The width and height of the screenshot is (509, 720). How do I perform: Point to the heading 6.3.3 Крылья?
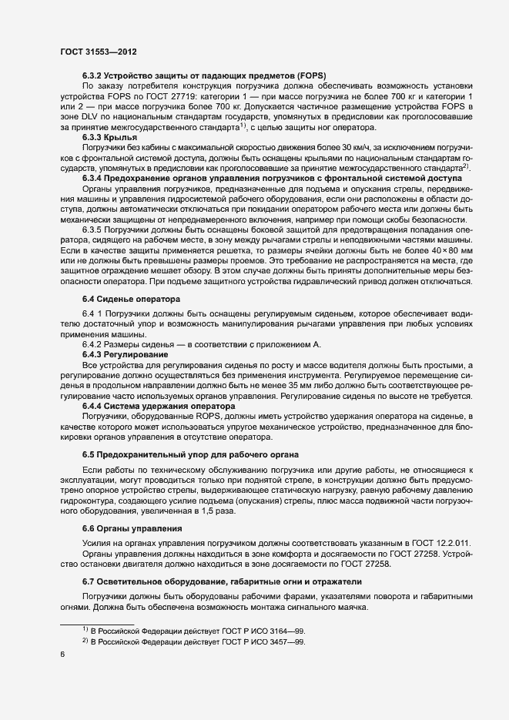click(x=109, y=136)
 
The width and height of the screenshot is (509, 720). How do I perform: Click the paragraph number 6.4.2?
click(x=95, y=343)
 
